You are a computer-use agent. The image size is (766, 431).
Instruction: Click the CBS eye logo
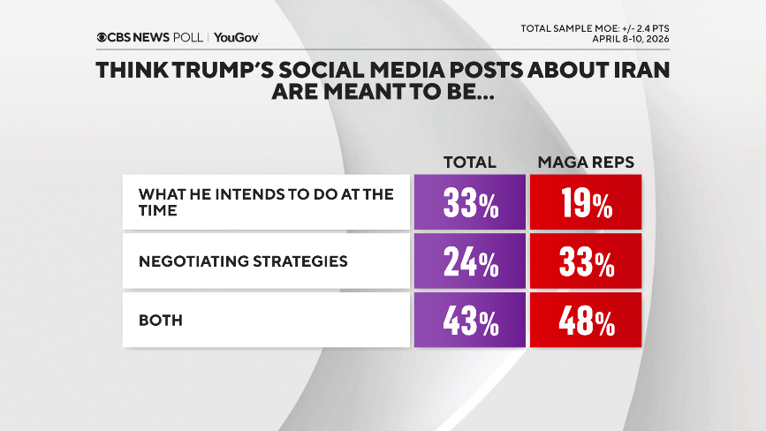click(x=103, y=37)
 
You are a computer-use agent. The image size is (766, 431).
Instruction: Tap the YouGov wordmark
click(x=237, y=37)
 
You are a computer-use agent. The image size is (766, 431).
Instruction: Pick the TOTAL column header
click(x=468, y=163)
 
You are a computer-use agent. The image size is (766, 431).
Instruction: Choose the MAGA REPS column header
click(x=585, y=163)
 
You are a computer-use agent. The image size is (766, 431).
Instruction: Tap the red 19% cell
click(x=585, y=204)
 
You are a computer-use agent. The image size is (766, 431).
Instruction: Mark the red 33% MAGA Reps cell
click(x=585, y=262)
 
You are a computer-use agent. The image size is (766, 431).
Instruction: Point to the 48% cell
click(x=585, y=321)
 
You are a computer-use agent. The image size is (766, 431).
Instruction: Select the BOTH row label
click(x=160, y=321)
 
